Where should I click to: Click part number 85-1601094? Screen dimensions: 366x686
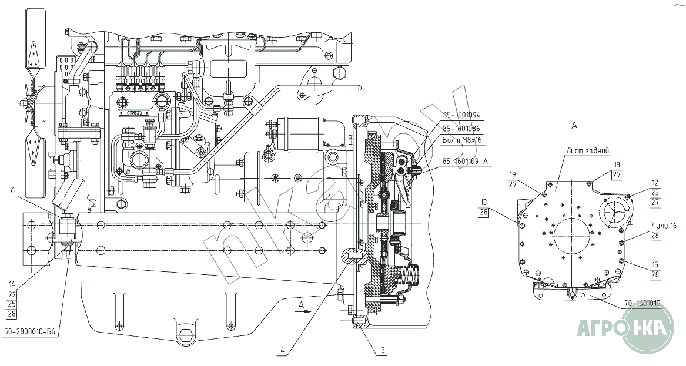461,115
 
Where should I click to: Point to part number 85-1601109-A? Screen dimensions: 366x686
464,160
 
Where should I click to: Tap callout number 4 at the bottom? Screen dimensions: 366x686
283,351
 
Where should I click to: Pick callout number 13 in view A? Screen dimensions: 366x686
483,202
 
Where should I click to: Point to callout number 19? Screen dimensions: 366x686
513,174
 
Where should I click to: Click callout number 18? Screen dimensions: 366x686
617,164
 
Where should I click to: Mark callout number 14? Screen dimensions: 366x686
12,284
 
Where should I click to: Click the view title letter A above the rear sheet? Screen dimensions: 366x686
574,125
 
